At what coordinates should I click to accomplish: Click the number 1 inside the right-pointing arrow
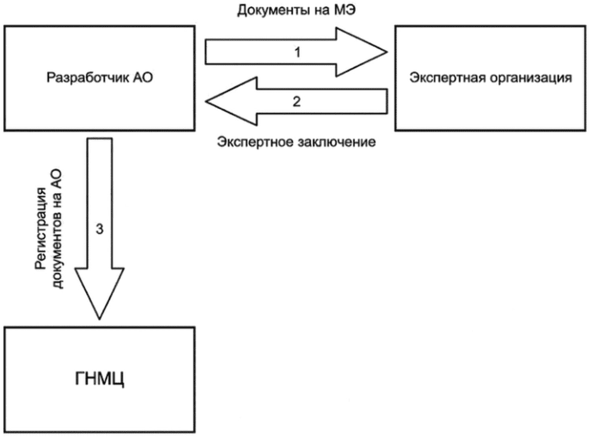pyautogui.click(x=297, y=52)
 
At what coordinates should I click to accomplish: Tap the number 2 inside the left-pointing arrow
pyautogui.click(x=297, y=102)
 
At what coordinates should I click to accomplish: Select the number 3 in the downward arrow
pyautogui.click(x=99, y=228)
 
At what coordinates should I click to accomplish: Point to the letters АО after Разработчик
pyautogui.click(x=143, y=77)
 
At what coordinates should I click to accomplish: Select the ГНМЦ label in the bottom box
pyautogui.click(x=99, y=378)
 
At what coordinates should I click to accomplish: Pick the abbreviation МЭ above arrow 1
pyautogui.click(x=345, y=10)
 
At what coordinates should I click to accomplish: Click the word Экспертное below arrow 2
pyautogui.click(x=255, y=142)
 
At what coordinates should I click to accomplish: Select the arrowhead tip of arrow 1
pyautogui.click(x=387, y=52)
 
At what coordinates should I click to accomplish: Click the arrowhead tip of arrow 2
pyautogui.click(x=206, y=102)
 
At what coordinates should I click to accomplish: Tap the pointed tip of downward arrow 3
pyautogui.click(x=99, y=319)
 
